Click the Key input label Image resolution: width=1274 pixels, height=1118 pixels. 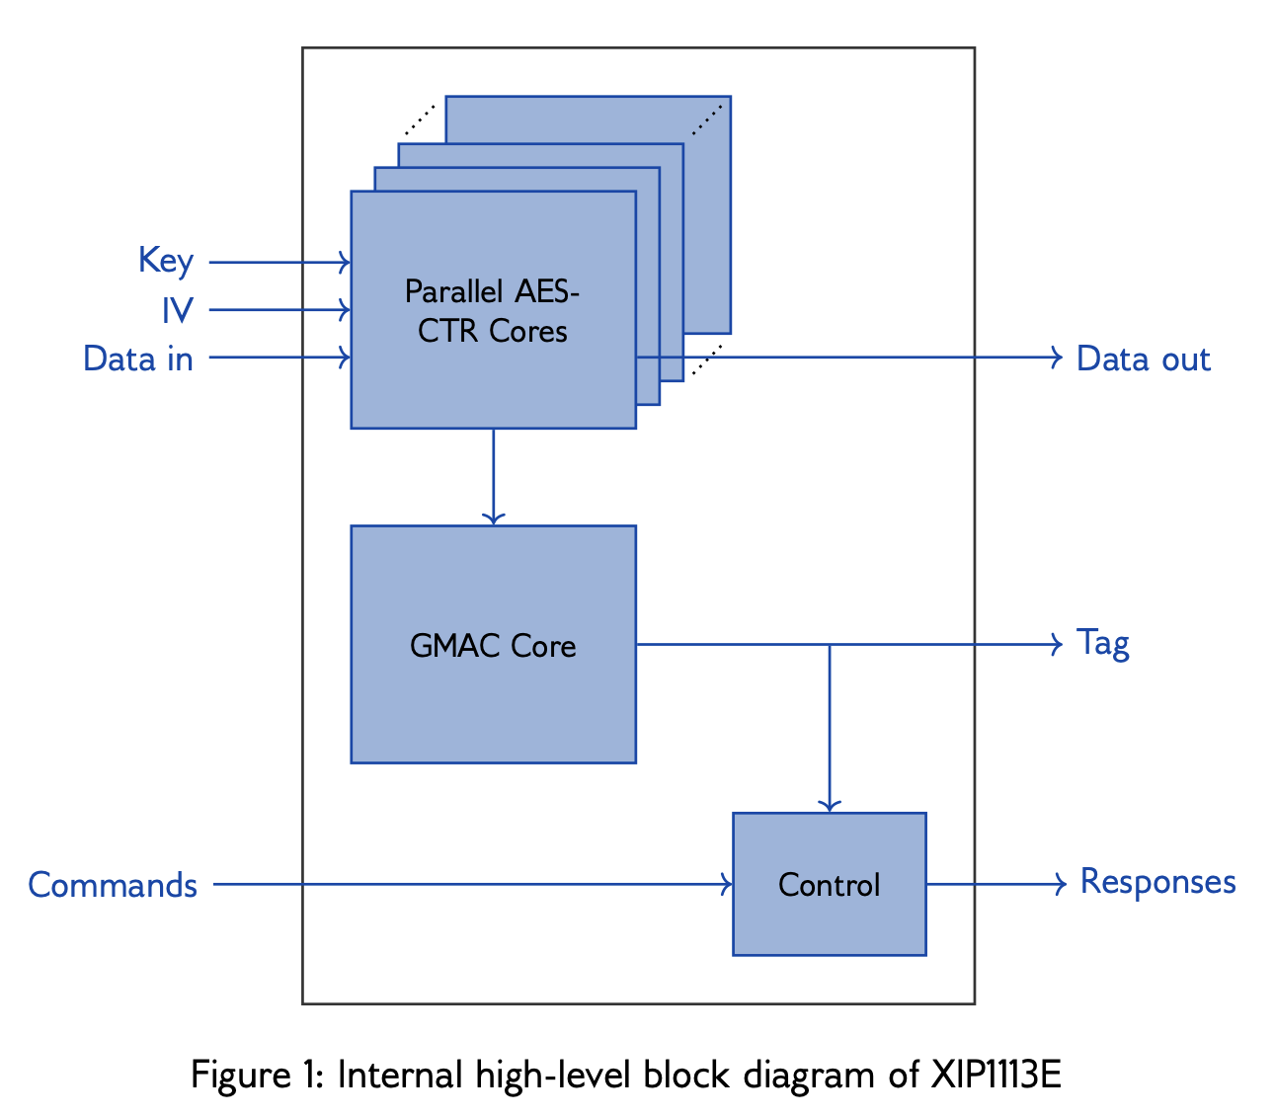[x=165, y=261]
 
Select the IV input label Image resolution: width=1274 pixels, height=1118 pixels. [x=178, y=310]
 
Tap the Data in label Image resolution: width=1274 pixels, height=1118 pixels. [x=138, y=358]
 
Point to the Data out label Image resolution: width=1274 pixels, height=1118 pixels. [x=1143, y=358]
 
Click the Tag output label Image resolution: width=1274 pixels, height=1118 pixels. [x=1102, y=643]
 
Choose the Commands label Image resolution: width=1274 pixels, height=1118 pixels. [x=113, y=884]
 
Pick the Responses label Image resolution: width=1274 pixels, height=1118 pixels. [x=1157, y=881]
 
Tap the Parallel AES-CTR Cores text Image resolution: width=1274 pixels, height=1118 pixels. [x=492, y=310]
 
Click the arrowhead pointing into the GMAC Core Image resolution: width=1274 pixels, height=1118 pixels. [x=493, y=518]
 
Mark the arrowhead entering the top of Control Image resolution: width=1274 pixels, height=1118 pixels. [x=830, y=805]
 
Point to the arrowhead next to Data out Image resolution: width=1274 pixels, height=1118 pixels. [x=1057, y=357]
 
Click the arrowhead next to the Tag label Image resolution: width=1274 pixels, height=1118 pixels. [x=1057, y=644]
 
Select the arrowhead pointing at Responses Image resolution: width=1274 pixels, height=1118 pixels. [x=1061, y=884]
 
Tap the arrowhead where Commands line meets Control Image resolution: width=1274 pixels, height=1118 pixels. [x=727, y=884]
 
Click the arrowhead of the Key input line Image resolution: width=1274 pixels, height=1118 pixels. [x=345, y=262]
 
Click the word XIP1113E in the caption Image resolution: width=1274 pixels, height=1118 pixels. [x=995, y=1074]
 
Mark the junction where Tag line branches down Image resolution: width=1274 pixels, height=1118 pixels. [x=830, y=644]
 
